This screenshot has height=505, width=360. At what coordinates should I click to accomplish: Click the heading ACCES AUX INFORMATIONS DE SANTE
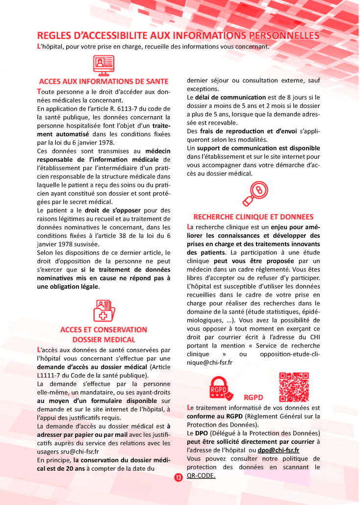click(x=103, y=81)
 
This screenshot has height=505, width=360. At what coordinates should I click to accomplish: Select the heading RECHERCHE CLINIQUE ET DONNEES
click(x=253, y=217)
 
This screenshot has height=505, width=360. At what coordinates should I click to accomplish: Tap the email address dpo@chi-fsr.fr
click(x=279, y=450)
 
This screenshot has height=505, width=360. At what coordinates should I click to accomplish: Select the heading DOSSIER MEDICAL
click(x=103, y=339)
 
